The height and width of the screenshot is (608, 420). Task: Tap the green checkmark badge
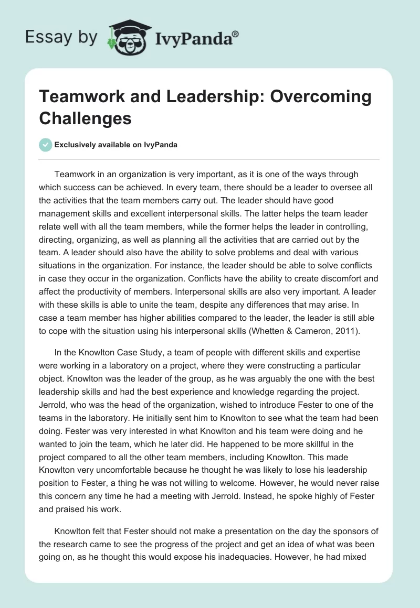46,145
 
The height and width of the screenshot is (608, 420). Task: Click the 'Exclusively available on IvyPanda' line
117,145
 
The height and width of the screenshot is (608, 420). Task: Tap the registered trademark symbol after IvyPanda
236,34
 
